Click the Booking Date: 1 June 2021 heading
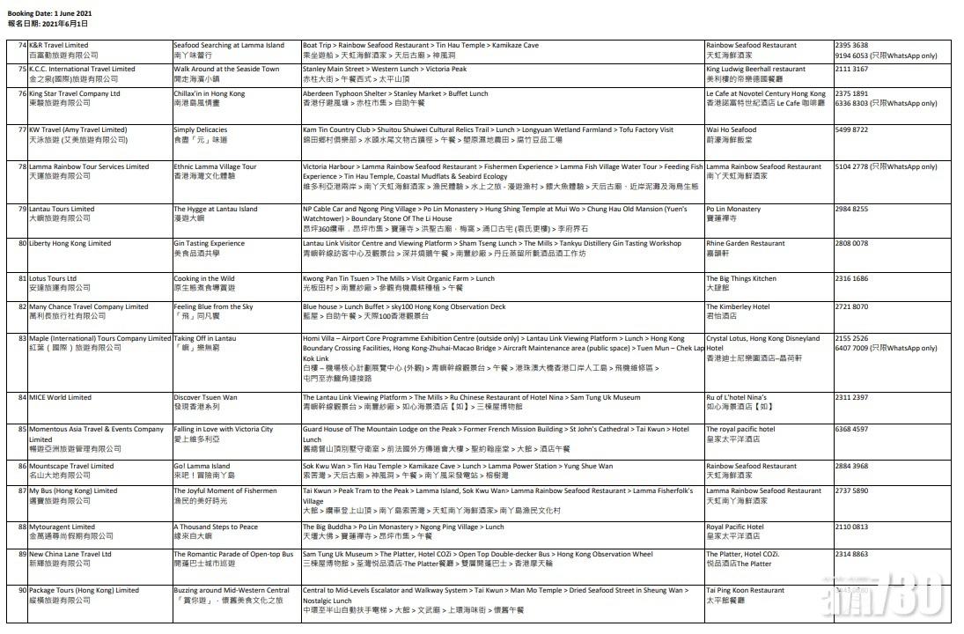pyautogui.click(x=48, y=14)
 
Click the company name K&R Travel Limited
pyautogui.click(x=58, y=45)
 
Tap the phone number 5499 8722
pyautogui.click(x=852, y=129)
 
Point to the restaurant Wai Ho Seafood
pyautogui.click(x=731, y=129)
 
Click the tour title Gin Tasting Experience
pyautogui.click(x=210, y=243)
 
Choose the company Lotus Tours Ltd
pyautogui.click(x=53, y=278)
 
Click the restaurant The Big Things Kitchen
pyautogui.click(x=741, y=278)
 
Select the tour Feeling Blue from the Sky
pyautogui.click(x=213, y=306)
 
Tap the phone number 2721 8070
pyautogui.click(x=852, y=306)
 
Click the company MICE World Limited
pyautogui.click(x=60, y=397)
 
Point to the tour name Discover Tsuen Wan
pyautogui.click(x=205, y=397)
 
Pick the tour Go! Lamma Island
pyautogui.click(x=202, y=466)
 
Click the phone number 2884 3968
pyautogui.click(x=852, y=466)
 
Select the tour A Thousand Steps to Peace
pyautogui.click(x=216, y=527)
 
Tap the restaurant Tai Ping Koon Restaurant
pyautogui.click(x=745, y=590)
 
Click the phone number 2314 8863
pyautogui.click(x=852, y=554)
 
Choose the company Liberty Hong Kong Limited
pyautogui.click(x=70, y=243)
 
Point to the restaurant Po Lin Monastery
pyautogui.click(x=733, y=209)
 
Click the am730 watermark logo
pyautogui.click(x=890, y=599)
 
